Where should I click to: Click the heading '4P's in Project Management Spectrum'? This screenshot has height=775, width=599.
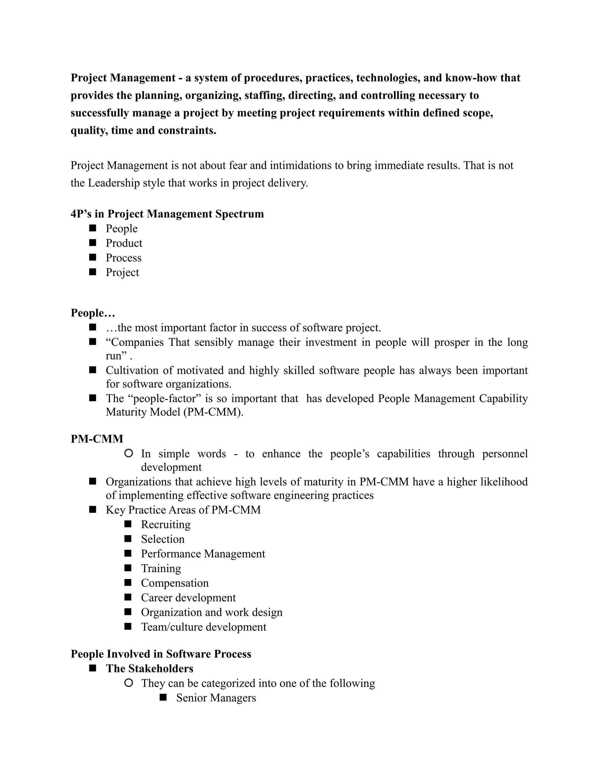[167, 214]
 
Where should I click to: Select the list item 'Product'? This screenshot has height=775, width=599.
[124, 243]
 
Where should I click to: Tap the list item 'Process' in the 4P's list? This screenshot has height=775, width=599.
[123, 258]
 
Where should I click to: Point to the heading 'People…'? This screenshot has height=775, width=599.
[93, 313]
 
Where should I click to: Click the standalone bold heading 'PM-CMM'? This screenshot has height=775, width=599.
[97, 439]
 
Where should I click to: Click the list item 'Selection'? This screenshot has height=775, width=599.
[163, 539]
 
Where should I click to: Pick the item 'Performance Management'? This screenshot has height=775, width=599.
[203, 554]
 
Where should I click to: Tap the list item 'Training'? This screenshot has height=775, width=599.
[161, 569]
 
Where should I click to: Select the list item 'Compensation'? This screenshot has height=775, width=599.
[175, 583]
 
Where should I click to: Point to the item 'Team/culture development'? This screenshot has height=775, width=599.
[204, 627]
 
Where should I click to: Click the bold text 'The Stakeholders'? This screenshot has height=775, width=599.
[149, 669]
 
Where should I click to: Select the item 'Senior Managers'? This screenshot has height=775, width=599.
[216, 698]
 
